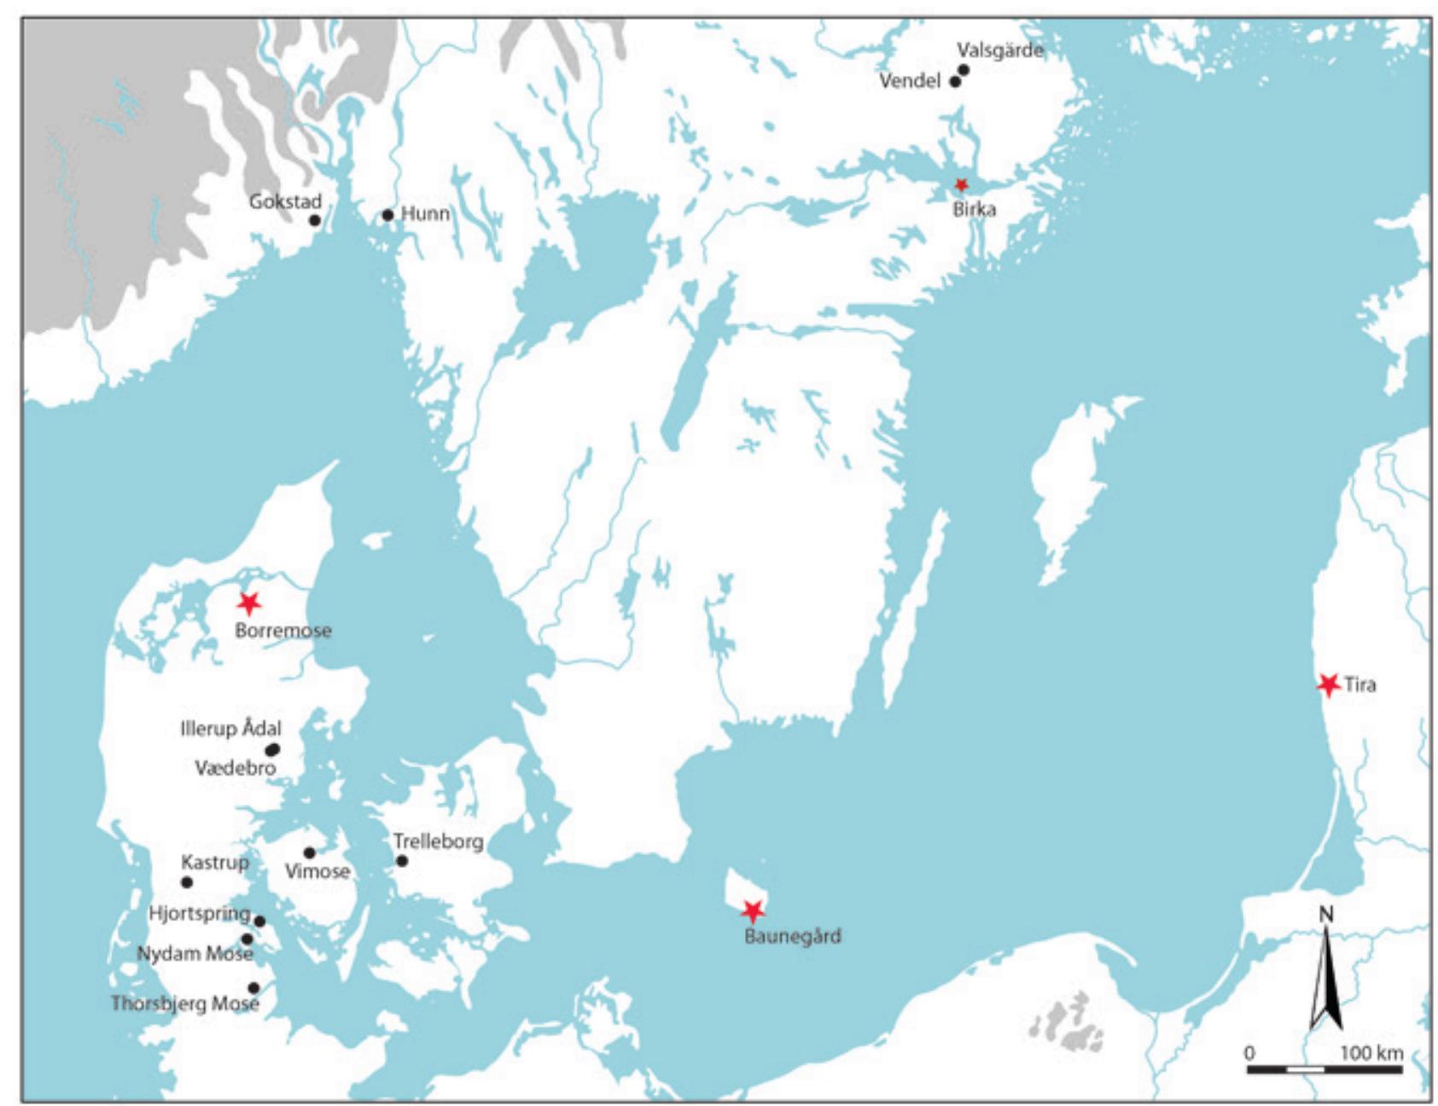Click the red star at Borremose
248,603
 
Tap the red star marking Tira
1328,684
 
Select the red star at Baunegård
752,911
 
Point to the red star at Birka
961,184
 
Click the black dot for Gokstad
314,220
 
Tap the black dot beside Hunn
387,215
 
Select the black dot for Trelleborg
402,861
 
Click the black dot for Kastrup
187,882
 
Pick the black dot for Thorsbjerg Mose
253,988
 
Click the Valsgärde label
999,50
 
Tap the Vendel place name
910,81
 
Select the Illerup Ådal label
230,729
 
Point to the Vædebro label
235,768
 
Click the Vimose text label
317,871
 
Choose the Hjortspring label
199,913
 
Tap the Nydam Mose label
195,953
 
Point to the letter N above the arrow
1325,915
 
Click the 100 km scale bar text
1371,1052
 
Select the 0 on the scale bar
1249,1052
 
